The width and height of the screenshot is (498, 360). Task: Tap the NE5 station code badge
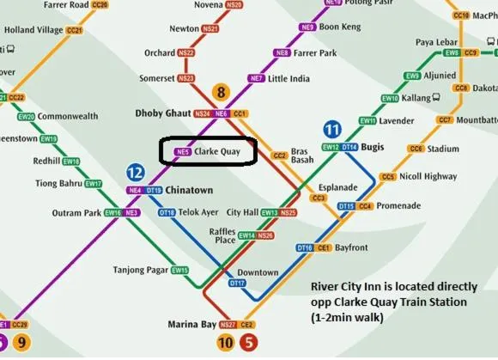(x=182, y=152)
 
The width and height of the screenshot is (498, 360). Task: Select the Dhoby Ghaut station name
(x=162, y=113)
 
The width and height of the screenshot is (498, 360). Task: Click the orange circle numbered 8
(x=222, y=93)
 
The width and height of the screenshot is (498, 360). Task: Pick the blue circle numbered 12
(x=135, y=172)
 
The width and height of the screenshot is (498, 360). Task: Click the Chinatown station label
(x=190, y=190)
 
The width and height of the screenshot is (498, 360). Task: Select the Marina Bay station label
(x=193, y=325)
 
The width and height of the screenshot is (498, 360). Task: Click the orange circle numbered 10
(x=225, y=344)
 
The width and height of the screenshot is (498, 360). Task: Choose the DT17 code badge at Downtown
(x=237, y=283)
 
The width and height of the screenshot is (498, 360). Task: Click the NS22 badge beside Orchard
(x=186, y=53)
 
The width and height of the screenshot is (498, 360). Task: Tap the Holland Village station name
(x=33, y=30)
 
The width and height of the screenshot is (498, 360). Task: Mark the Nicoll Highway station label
(x=430, y=177)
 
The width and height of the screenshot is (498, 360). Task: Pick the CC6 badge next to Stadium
(x=416, y=149)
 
